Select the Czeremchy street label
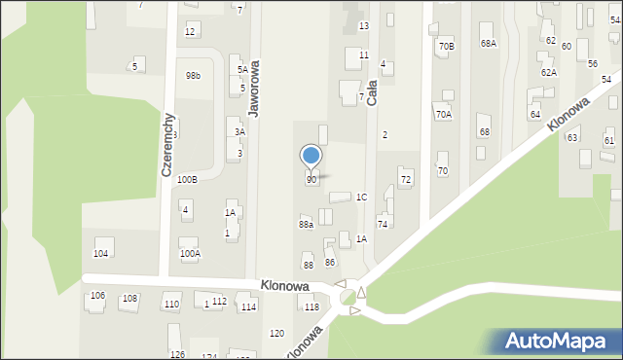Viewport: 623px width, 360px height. point(167,143)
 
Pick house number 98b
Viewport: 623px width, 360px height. point(194,76)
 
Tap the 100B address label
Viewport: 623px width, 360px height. point(188,180)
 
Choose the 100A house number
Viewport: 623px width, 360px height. point(190,254)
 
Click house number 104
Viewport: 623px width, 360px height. point(100,253)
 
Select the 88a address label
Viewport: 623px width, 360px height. point(306,225)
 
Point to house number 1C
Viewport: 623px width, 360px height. point(361,198)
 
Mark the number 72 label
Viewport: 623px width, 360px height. point(406,180)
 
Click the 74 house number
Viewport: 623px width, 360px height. point(383,225)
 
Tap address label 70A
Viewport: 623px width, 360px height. point(443,115)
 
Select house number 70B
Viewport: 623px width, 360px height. point(447,46)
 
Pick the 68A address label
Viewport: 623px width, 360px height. point(488,44)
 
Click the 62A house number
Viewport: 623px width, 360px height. point(549,73)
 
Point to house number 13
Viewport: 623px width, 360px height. point(364,25)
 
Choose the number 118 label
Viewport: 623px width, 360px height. point(311,307)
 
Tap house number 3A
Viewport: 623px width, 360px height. point(239,131)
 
